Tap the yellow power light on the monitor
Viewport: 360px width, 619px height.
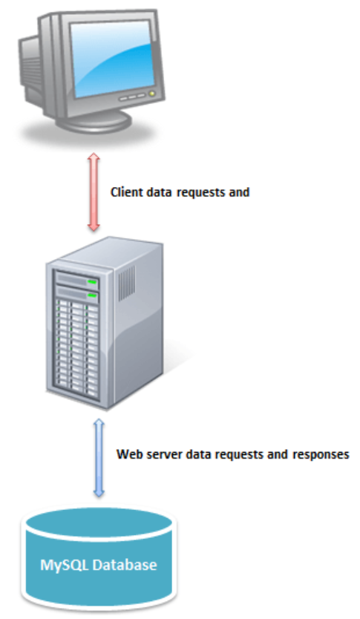(x=151, y=94)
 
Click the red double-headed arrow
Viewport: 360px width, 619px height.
(x=94, y=192)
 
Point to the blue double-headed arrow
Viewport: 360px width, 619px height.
(x=99, y=457)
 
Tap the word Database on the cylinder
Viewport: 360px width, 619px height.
(x=125, y=565)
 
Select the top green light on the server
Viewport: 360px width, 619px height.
(x=92, y=281)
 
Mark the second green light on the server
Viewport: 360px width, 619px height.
(x=92, y=295)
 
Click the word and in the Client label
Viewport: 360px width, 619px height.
(x=239, y=192)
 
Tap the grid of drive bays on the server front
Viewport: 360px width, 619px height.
(x=77, y=347)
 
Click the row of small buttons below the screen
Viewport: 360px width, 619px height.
(x=133, y=96)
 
